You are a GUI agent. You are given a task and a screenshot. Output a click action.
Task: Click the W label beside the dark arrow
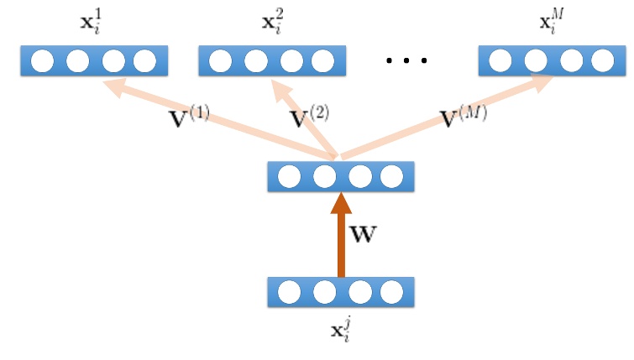(364, 234)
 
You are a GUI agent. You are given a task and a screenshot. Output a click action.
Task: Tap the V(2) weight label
(308, 117)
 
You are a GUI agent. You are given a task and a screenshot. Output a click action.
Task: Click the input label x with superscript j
(341, 323)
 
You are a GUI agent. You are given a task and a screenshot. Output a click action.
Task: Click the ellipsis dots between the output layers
(406, 60)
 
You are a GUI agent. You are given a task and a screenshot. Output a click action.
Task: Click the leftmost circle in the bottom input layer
(290, 293)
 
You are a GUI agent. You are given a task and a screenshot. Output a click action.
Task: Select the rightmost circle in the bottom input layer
(391, 293)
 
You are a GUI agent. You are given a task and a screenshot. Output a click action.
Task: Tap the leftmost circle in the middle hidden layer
(290, 177)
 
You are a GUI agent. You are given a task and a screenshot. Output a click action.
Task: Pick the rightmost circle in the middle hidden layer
(391, 177)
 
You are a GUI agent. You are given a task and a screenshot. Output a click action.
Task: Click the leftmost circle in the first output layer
(44, 60)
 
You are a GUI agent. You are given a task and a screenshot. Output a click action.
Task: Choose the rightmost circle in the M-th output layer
(601, 60)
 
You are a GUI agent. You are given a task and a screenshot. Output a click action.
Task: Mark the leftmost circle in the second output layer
(222, 60)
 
